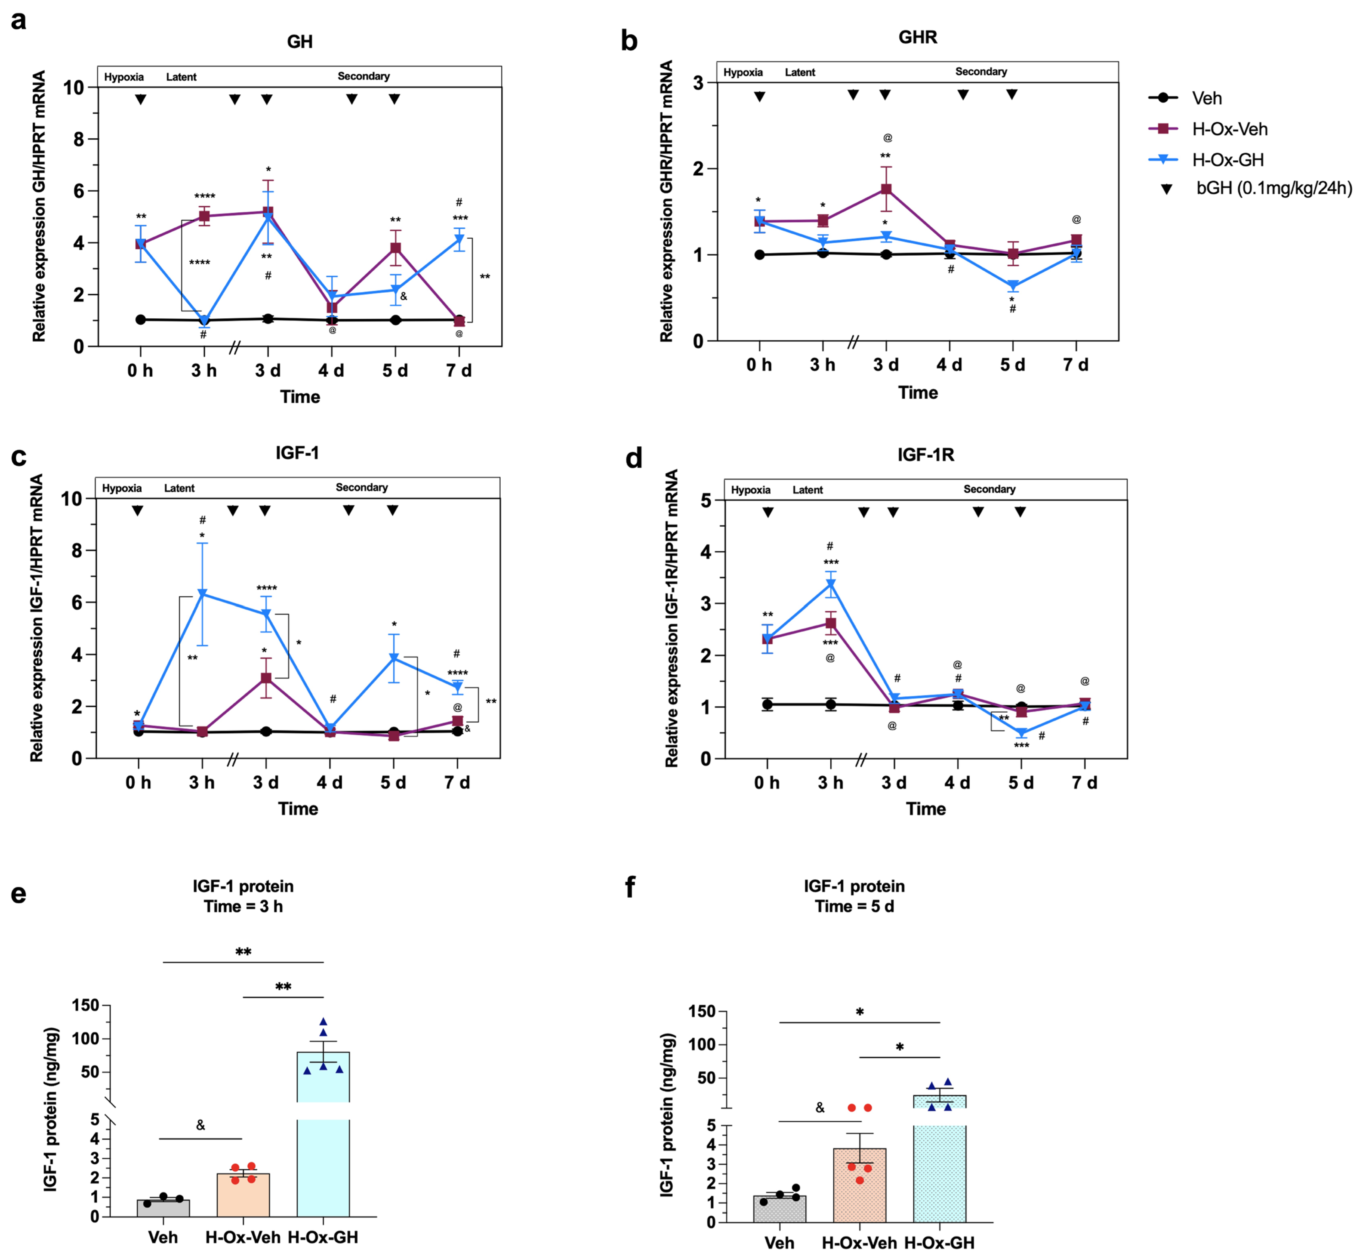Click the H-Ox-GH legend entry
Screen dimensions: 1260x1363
pyautogui.click(x=1226, y=160)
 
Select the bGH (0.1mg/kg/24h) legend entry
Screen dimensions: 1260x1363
pyautogui.click(x=1273, y=188)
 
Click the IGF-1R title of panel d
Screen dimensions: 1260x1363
pyautogui.click(x=925, y=455)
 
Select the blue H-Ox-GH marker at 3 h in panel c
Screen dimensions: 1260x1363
pyautogui.click(x=202, y=594)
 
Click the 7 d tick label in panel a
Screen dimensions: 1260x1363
pyautogui.click(x=459, y=371)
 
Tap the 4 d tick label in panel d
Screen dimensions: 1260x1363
pyautogui.click(x=957, y=783)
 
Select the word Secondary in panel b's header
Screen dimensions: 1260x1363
pyautogui.click(x=980, y=72)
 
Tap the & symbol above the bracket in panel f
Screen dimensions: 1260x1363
pyautogui.click(x=820, y=1108)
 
